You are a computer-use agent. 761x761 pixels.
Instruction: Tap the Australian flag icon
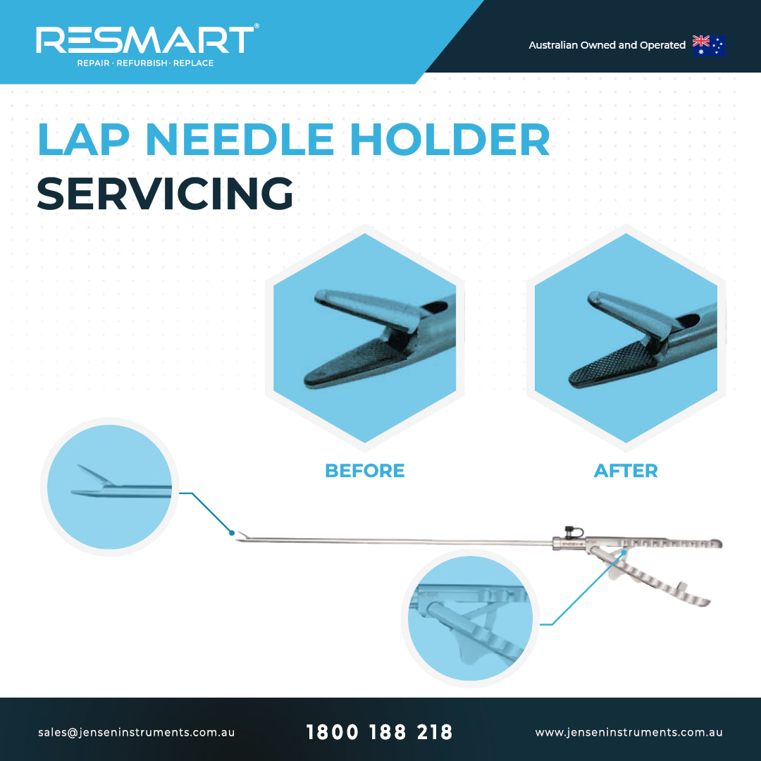coord(709,46)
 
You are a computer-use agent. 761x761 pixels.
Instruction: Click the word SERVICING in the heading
coord(165,194)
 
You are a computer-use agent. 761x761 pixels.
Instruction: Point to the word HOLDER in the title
coord(450,140)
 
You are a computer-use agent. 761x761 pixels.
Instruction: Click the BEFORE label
coord(364,471)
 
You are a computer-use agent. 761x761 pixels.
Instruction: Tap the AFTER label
coord(626,471)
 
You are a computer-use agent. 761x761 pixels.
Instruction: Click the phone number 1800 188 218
coord(379,732)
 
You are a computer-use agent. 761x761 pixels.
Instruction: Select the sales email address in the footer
coord(137,732)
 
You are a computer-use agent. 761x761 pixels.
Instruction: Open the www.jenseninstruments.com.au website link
coord(629,732)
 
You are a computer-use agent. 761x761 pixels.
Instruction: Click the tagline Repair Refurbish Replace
coord(145,63)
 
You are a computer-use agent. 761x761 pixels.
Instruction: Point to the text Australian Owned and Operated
coord(607,45)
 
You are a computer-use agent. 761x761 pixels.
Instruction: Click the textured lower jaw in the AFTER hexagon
coord(612,365)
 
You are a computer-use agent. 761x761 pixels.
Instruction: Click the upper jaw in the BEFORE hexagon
coord(367,308)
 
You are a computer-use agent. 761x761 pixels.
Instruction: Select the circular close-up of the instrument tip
coord(110,487)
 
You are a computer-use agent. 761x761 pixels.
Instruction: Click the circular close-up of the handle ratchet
coord(470,619)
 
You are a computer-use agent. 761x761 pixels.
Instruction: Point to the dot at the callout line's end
coord(232,533)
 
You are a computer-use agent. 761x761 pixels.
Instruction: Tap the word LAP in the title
coord(83,140)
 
